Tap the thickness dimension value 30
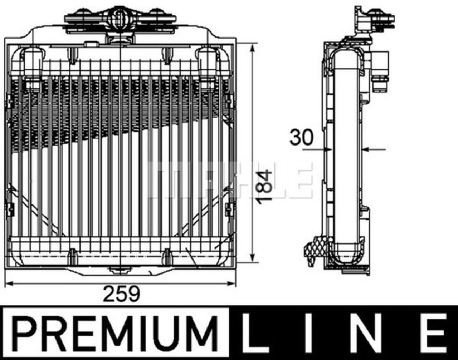coord(301,137)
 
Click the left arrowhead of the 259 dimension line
coord(10,283)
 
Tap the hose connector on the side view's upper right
coord(380,68)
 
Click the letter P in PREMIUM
coord(26,332)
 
